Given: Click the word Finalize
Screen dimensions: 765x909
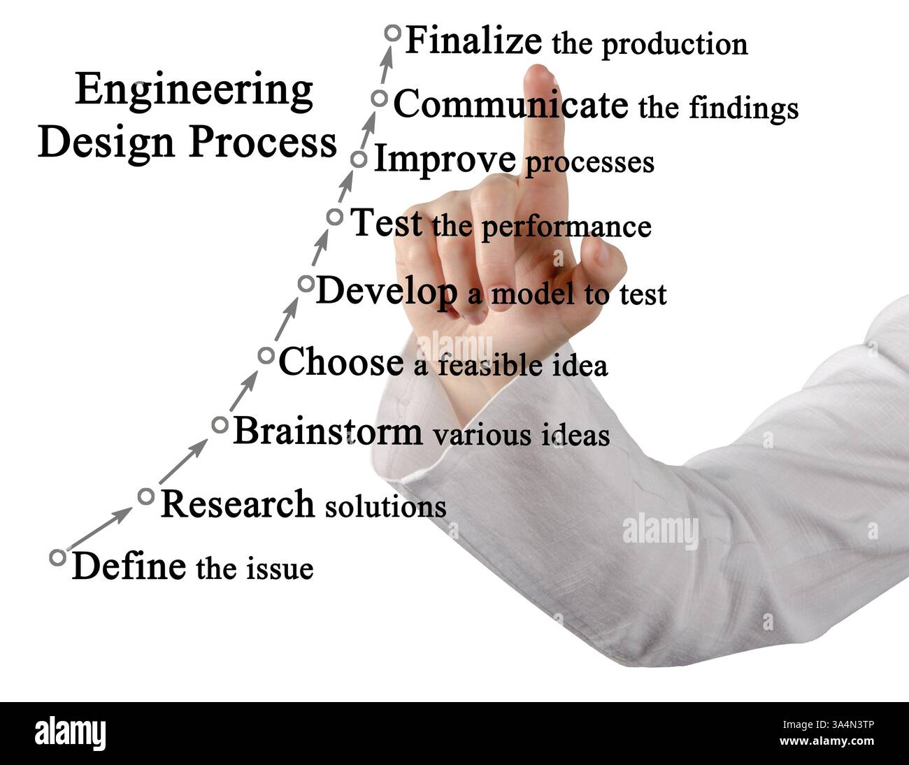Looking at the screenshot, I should (x=473, y=41).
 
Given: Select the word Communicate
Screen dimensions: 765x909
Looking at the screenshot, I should (x=510, y=105).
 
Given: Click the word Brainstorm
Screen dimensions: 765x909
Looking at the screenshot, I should (x=327, y=431).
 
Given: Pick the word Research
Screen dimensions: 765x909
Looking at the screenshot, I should (x=237, y=504).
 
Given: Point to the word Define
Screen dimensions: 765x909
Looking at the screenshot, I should (x=129, y=566).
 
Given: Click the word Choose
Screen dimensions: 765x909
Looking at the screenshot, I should (x=341, y=362).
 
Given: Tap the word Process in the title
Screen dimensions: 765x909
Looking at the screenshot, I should (x=262, y=142).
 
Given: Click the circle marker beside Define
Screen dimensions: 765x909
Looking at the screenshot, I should (x=58, y=557).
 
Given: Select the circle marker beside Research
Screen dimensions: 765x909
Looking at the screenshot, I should (x=145, y=496).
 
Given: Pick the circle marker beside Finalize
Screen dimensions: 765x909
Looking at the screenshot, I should (x=392, y=33).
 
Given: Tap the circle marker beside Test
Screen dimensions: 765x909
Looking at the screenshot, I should (x=335, y=217).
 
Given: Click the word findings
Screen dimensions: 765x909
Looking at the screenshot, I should (x=743, y=108).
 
